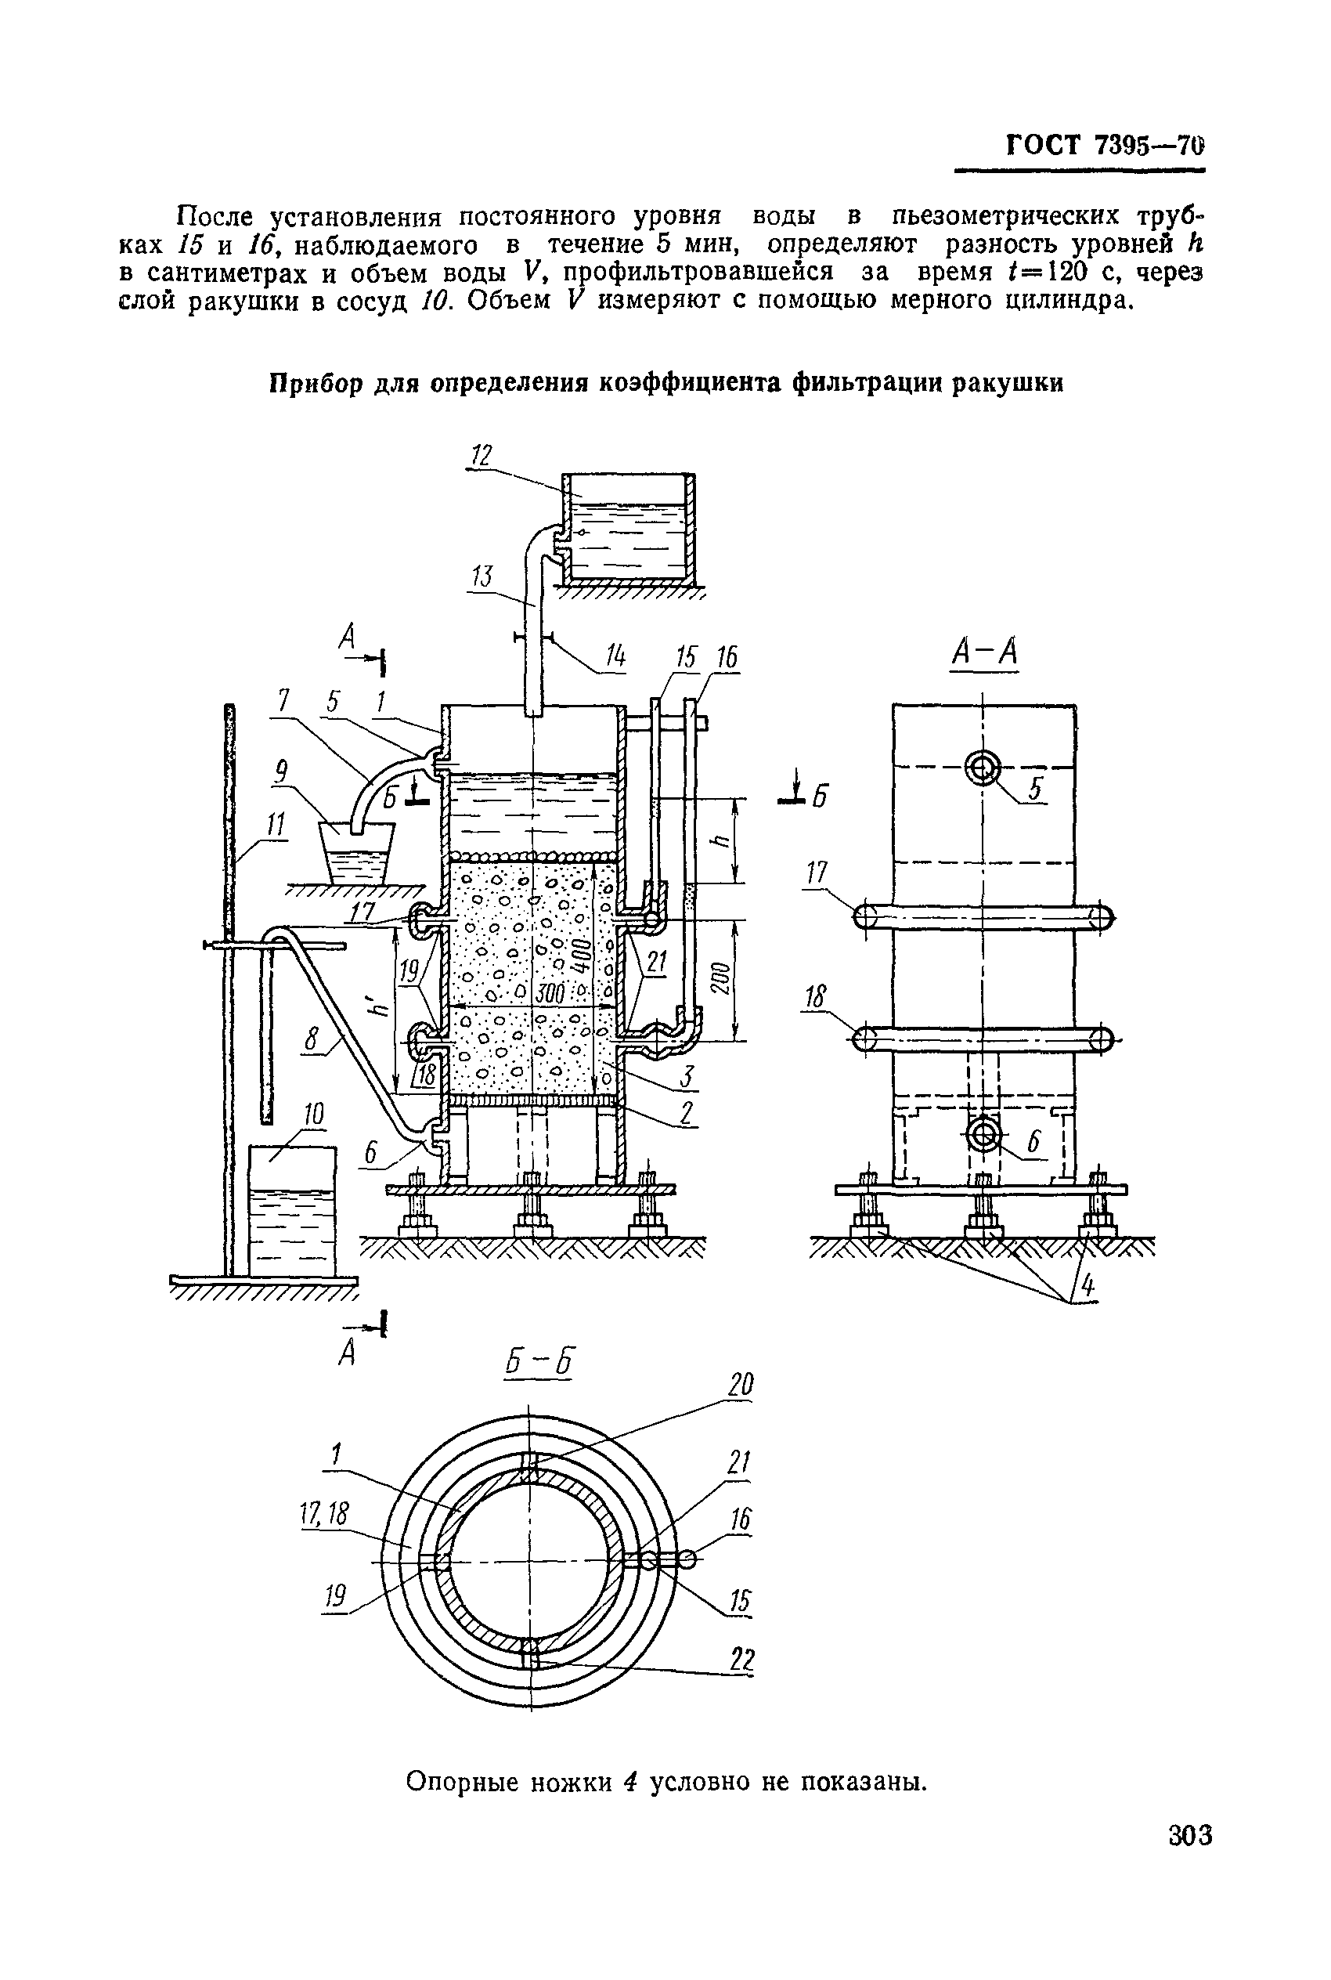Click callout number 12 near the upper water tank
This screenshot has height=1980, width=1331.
coord(482,456)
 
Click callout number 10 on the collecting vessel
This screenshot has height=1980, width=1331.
coord(314,1114)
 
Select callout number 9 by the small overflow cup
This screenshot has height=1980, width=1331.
coord(281,771)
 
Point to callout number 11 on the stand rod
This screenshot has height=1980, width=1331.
coord(274,824)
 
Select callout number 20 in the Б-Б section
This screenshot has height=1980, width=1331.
coord(740,1385)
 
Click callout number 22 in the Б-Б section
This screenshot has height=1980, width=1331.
coord(741,1659)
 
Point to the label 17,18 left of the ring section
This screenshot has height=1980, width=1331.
coord(324,1513)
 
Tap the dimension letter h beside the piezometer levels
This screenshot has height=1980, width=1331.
coord(722,840)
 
